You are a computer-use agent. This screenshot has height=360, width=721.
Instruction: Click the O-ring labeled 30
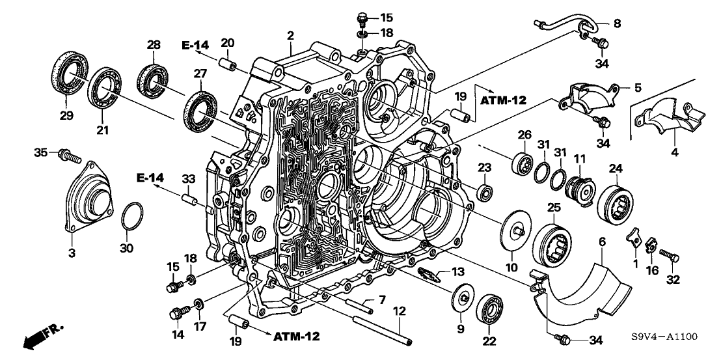133,215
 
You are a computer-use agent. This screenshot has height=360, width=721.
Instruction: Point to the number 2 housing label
291,35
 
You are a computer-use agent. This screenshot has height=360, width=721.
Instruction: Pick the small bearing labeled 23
484,193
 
